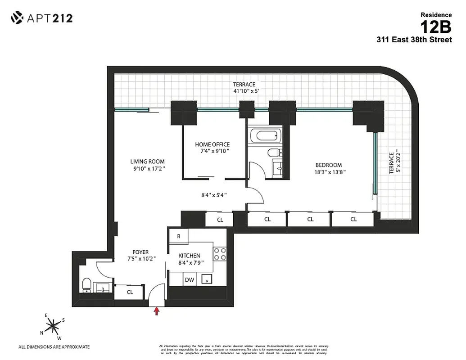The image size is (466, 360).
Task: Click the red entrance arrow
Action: [157, 311]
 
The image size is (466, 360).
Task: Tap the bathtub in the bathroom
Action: [265, 135]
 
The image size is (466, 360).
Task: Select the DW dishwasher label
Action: [189, 280]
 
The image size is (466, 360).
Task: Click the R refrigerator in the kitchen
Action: [179, 236]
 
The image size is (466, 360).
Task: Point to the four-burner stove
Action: [220, 254]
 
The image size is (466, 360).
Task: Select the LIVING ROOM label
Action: [147, 162]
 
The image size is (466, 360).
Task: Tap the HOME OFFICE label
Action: [212, 144]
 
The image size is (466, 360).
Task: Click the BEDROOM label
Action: [328, 165]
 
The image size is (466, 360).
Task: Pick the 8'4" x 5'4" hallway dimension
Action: [214, 195]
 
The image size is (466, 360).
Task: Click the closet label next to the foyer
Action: [130, 292]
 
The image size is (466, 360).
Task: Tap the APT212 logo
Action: [42, 18]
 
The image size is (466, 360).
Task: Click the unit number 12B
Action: [435, 27]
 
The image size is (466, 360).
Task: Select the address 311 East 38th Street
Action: [414, 40]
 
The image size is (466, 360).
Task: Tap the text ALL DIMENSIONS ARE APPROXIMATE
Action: [54, 347]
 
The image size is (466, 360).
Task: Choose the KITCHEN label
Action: [189, 256]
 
